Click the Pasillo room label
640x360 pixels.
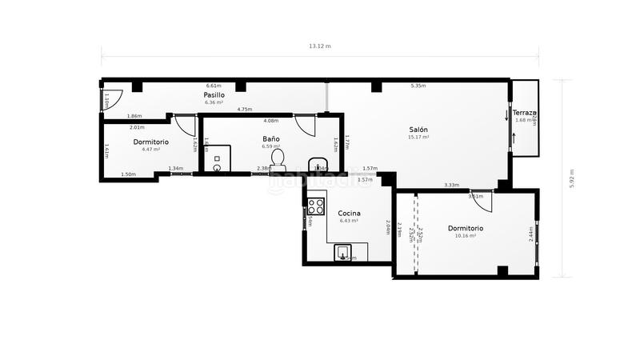[213, 95]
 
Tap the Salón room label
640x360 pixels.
[419, 130]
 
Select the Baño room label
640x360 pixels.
[271, 139]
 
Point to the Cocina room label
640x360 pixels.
[350, 213]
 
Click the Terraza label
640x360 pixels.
[525, 113]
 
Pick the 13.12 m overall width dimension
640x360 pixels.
[320, 46]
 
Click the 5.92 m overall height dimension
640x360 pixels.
[572, 178]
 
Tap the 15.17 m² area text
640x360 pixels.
[419, 138]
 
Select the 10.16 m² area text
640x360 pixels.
[465, 236]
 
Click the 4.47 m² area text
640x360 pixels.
[151, 150]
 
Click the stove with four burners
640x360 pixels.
[316, 206]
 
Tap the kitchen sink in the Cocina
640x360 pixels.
[345, 254]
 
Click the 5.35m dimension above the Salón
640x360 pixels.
[418, 86]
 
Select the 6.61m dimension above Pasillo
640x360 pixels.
[213, 86]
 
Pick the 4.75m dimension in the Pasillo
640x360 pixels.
[245, 110]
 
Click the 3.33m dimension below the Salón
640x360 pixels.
[451, 186]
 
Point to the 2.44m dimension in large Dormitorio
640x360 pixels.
[530, 234]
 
